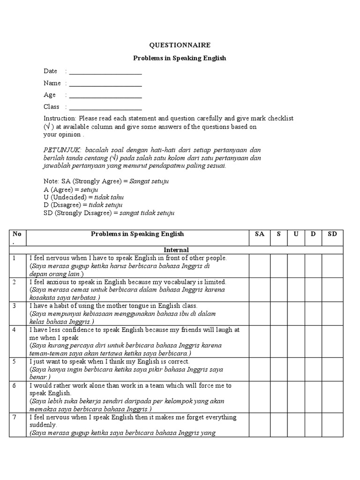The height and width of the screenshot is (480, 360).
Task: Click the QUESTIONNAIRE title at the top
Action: (180, 45)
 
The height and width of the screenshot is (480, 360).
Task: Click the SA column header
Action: (259, 234)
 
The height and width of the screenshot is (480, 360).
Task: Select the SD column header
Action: (332, 234)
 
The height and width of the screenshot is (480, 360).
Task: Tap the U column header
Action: (296, 234)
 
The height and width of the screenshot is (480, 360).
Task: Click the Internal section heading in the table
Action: (176, 250)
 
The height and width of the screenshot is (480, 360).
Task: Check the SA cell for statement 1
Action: (259, 265)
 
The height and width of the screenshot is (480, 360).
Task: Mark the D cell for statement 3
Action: (313, 313)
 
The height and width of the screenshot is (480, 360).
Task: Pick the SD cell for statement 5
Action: (332, 369)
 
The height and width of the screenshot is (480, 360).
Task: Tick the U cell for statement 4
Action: (296, 341)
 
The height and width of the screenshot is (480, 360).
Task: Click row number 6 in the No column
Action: (15, 385)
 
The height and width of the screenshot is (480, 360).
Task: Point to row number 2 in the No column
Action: (15, 282)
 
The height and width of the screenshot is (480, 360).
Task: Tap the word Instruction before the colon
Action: (60, 119)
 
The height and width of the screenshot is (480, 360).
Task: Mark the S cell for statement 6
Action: (278, 397)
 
